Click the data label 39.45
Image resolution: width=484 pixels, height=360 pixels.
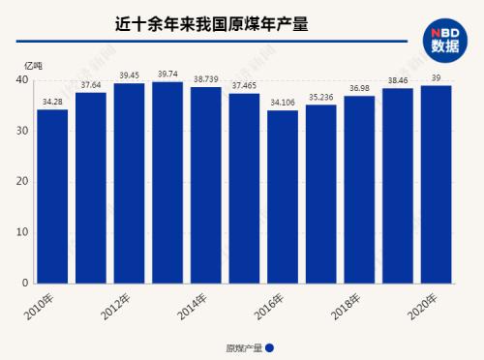pos(129,75)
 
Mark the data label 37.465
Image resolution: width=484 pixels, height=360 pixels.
pos(244,85)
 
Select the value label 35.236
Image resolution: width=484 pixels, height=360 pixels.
pos(320,97)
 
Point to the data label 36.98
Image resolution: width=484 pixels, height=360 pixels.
pos(359,88)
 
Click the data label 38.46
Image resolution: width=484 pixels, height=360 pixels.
pos(398,80)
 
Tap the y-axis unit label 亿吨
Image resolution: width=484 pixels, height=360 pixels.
pos(33,65)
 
